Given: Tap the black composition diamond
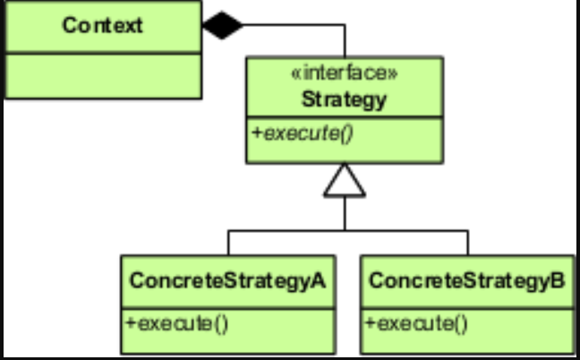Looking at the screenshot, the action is point(222,25).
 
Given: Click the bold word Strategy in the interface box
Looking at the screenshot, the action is point(344,99).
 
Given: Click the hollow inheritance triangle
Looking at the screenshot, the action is point(345,181).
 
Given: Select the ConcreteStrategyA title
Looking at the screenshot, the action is point(226,280).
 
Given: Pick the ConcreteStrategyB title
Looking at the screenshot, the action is point(467,280).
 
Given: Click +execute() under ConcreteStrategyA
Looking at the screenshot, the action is point(175,321).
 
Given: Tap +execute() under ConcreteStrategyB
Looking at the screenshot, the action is point(416,321).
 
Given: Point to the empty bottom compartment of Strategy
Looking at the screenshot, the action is point(344,154).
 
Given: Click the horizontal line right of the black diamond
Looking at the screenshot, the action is point(295,26).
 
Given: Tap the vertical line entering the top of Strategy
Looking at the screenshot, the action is point(345,42).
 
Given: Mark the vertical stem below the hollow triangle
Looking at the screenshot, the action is point(345,213).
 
